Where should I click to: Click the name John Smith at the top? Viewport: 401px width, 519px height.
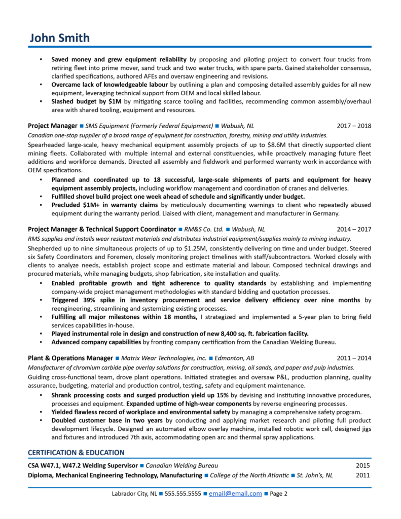point(59,38)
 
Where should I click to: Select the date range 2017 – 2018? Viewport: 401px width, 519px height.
point(354,126)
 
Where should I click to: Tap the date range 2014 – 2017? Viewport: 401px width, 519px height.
point(354,229)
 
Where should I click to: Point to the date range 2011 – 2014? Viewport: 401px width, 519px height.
point(354,358)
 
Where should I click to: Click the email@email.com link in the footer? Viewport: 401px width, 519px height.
point(235,493)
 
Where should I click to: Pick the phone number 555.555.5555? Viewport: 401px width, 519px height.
point(183,493)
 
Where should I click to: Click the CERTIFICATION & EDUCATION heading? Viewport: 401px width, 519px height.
point(76,452)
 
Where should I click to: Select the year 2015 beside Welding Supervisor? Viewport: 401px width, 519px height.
point(362,465)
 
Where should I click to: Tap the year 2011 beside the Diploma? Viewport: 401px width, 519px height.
point(362,475)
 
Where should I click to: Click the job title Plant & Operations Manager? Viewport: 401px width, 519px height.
point(70,358)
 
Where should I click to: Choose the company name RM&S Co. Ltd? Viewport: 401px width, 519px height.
point(204,229)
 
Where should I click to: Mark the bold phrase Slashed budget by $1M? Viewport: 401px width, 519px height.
point(87,102)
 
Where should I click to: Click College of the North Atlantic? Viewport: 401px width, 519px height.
point(249,475)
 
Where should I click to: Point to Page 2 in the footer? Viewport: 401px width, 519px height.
point(279,493)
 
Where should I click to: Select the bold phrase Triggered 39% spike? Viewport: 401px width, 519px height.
point(84,301)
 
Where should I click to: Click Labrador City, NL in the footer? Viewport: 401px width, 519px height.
point(134,493)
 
